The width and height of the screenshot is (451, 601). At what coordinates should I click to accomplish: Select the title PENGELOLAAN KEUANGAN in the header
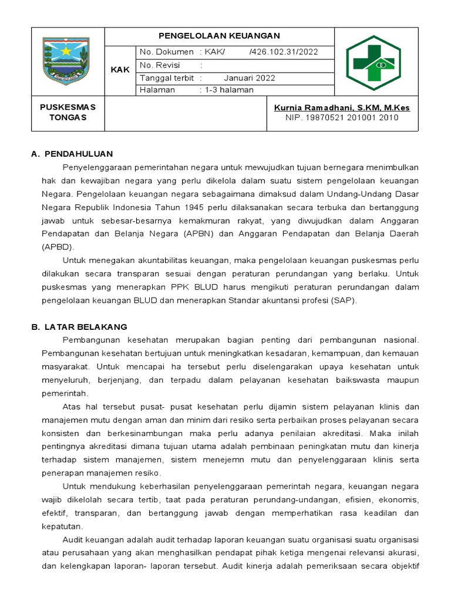pyautogui.click(x=219, y=36)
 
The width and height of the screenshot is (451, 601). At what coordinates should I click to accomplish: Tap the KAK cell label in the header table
pyautogui.click(x=120, y=70)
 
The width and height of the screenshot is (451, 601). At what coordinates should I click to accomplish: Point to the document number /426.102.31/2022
pyautogui.click(x=284, y=52)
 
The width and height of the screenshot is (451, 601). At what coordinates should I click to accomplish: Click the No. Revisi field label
pyautogui.click(x=160, y=65)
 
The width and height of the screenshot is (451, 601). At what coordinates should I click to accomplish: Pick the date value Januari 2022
pyautogui.click(x=249, y=77)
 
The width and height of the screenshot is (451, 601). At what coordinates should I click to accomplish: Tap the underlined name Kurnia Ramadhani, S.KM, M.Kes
pyautogui.click(x=342, y=107)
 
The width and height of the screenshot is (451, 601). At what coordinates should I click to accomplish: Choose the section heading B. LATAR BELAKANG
pyautogui.click(x=79, y=326)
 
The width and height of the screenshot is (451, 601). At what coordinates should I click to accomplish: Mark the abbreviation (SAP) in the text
pyautogui.click(x=344, y=300)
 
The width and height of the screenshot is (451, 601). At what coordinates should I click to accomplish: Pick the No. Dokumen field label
pyautogui.click(x=167, y=52)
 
